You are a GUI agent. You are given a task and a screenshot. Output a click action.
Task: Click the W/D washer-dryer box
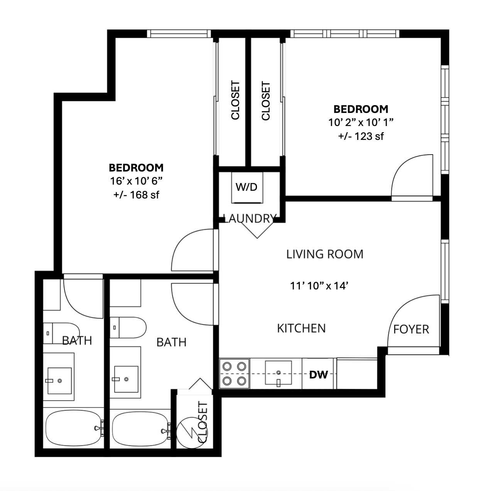coord(247,188)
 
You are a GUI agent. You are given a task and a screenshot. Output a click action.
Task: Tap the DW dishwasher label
coord(319,375)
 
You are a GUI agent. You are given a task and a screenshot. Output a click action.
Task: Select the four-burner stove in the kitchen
coord(234,374)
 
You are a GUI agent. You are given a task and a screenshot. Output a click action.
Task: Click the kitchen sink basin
coord(279,373)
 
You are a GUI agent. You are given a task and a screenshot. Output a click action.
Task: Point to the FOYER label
coord(411,330)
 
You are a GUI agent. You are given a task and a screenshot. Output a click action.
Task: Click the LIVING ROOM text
coord(324,254)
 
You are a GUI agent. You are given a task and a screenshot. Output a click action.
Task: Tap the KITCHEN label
coord(301,328)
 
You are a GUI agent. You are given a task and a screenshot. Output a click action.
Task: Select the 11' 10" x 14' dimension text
coord(319,286)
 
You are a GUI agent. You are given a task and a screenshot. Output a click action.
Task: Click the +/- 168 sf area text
coord(136,195)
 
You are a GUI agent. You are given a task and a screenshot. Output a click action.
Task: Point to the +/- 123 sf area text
coord(361,136)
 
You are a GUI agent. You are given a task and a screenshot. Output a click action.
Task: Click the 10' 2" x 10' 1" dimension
coord(361,123)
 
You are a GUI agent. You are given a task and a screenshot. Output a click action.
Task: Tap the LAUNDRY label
coord(250,219)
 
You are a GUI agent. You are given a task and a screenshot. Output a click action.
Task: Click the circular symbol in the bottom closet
coord(192,433)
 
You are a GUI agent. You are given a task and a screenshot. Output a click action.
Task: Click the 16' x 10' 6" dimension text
coord(136,181)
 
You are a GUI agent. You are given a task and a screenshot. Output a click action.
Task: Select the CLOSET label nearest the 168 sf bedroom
coord(235,100)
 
